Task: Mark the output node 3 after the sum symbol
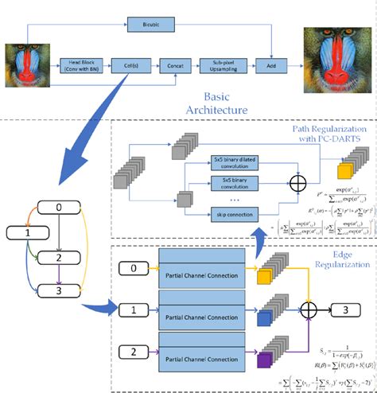click(x=345, y=308)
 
